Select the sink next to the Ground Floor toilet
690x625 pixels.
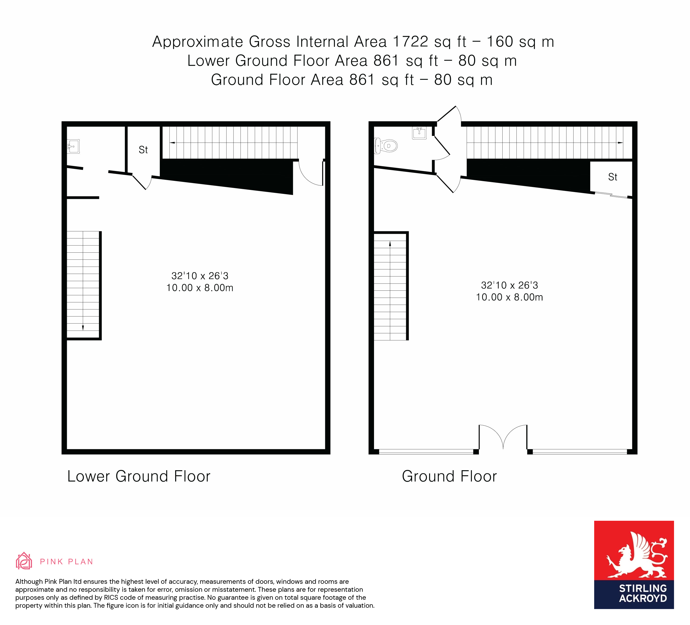click(419, 133)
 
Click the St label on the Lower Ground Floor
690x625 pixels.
click(143, 150)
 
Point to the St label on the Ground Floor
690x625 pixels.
click(613, 177)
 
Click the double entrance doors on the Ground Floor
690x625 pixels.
click(503, 438)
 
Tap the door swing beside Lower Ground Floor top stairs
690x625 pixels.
click(311, 174)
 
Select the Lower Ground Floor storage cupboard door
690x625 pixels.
click(141, 182)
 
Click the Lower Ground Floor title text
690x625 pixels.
click(139, 476)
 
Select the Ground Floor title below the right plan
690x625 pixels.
click(449, 476)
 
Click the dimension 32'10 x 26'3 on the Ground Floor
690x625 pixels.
click(509, 285)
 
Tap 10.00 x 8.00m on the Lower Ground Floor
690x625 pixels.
click(200, 288)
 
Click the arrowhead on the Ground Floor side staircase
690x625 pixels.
click(390, 244)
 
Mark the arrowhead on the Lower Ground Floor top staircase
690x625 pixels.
click(172, 143)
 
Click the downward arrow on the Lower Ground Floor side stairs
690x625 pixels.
click(83, 328)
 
